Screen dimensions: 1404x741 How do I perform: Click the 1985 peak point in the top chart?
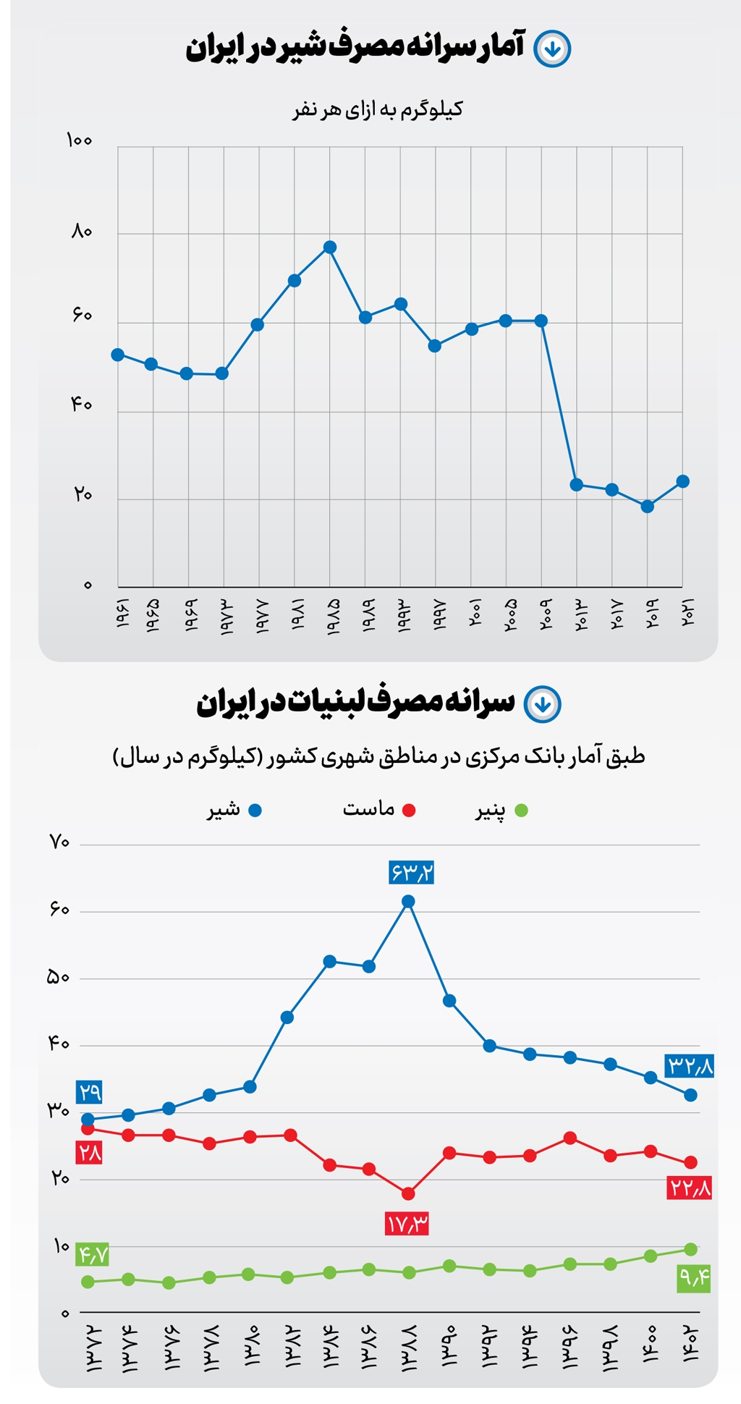(330, 248)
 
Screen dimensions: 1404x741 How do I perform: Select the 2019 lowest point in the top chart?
(648, 507)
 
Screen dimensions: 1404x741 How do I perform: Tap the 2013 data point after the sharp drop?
(577, 485)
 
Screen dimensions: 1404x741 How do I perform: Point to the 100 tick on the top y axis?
(80, 140)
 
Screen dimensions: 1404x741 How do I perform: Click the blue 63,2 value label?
(411, 873)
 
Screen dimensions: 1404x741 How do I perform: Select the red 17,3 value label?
(407, 1225)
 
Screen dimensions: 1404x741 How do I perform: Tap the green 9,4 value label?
(694, 1279)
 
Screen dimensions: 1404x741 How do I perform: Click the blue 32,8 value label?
(690, 1066)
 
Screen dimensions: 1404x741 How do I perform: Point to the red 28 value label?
(90, 1152)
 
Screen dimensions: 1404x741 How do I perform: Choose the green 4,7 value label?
(93, 1253)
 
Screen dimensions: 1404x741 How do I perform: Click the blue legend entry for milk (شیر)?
(233, 810)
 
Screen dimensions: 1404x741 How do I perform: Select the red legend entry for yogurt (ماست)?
(378, 810)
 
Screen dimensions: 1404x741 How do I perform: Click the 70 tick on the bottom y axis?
(59, 842)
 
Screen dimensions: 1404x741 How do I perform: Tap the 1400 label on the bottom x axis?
(648, 1343)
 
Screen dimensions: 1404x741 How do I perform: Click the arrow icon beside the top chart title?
(552, 49)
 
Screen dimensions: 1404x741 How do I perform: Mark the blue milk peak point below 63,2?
(408, 902)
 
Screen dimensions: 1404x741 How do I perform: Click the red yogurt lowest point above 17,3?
(408, 1193)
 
